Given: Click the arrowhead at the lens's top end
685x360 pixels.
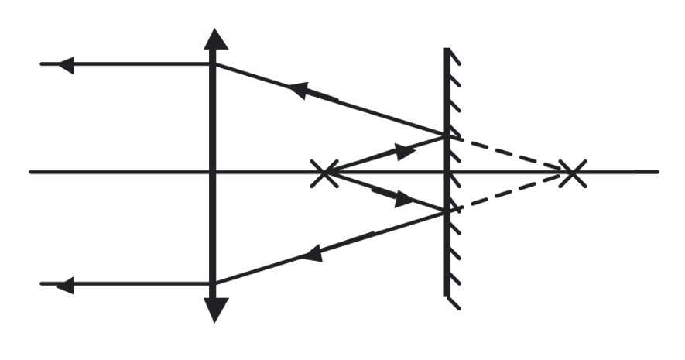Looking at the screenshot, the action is [216, 39].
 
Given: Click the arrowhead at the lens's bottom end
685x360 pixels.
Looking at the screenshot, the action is [216, 310].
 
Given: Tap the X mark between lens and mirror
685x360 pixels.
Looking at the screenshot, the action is [323, 172].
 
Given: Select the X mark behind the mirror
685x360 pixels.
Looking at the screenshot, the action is [571, 172].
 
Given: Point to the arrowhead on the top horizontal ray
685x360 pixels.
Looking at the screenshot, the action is [66, 64].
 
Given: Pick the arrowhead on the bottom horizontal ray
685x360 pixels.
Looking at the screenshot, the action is [66, 285].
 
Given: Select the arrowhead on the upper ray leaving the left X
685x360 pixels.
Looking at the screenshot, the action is [404, 150].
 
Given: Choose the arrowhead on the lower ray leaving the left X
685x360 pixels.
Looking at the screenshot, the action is [403, 199].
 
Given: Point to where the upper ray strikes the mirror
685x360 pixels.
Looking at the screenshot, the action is [447, 135].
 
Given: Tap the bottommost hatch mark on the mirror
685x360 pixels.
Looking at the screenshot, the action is [454, 302].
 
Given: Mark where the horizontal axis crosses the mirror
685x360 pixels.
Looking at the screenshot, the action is [447, 172].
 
